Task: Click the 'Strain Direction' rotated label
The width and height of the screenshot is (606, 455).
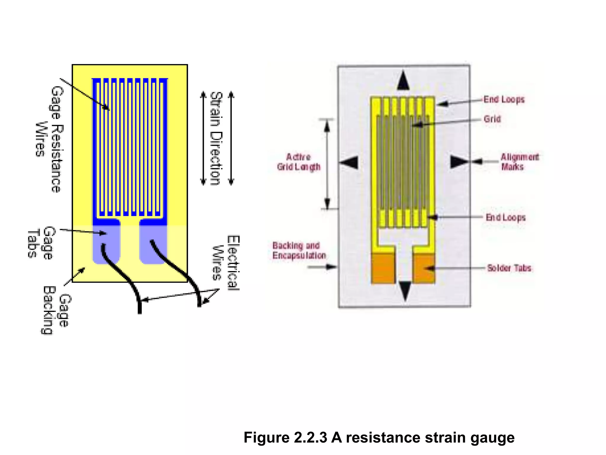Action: click(x=216, y=139)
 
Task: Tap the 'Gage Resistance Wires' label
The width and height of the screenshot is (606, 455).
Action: click(x=49, y=139)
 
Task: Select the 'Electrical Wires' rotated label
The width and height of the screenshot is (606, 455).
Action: click(x=226, y=263)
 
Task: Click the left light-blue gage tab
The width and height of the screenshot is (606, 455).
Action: click(x=106, y=244)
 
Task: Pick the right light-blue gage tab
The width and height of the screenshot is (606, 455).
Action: click(x=153, y=244)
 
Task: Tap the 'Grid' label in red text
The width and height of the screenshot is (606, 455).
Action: click(x=492, y=119)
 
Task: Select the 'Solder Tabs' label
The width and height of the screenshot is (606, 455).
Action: click(x=509, y=268)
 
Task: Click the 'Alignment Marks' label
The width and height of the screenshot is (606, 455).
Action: click(x=520, y=162)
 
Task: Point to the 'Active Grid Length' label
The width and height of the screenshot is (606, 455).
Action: click(x=298, y=162)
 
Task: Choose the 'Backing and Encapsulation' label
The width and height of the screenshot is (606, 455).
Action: click(x=299, y=251)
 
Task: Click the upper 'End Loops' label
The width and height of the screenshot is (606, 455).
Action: click(x=504, y=100)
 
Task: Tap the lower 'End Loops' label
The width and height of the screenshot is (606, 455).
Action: click(x=505, y=217)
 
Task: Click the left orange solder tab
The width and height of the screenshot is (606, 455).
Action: click(x=383, y=268)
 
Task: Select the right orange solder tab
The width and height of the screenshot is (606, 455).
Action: click(x=424, y=268)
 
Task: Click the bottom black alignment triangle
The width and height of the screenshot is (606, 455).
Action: click(x=405, y=291)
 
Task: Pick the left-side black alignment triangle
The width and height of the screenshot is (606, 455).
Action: click(x=350, y=163)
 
